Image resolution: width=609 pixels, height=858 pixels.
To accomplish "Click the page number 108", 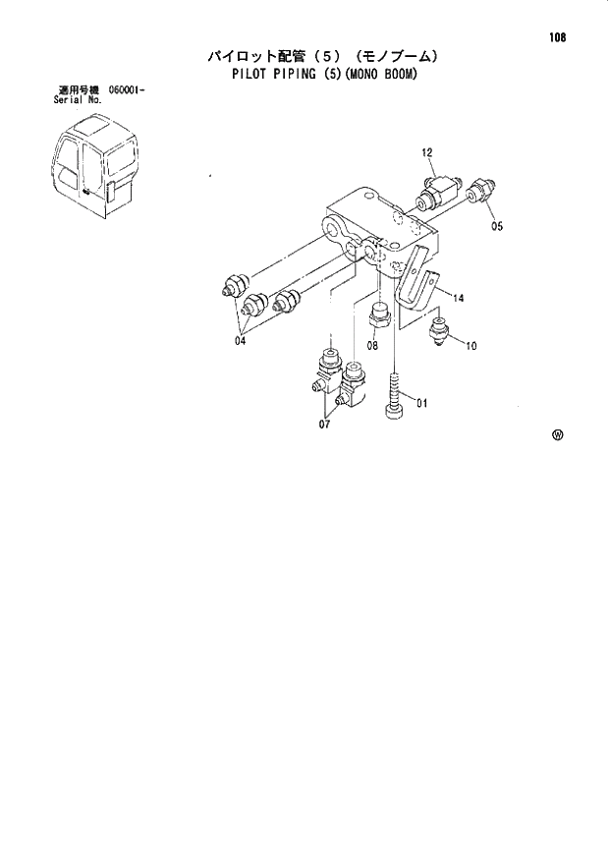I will pos(558,38).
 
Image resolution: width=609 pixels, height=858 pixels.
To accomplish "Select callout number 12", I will pos(427,152).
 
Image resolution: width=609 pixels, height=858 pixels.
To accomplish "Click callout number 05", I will pos(496,225).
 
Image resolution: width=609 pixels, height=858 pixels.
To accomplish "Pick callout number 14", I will pos(459,295).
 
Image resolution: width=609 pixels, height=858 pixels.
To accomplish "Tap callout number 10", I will pos(471,345).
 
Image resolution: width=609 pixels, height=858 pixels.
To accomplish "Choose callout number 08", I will pos(373,345).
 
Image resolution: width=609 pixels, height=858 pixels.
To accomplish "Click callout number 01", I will pos(423,402).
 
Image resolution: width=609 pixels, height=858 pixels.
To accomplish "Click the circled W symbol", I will pos(557,438).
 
